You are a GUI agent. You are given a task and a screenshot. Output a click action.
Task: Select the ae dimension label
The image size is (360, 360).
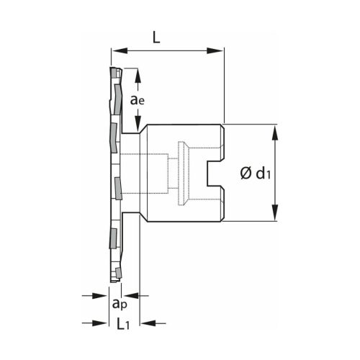point(139,101)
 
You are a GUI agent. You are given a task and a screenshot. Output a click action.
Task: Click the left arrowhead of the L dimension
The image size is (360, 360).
point(116,50)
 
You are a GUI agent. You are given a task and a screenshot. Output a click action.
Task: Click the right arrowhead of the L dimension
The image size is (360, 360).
point(219,50)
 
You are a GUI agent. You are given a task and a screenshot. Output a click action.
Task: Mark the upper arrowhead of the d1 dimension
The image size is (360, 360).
point(274,130)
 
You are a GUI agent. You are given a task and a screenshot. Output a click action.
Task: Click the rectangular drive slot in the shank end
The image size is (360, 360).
point(215,173)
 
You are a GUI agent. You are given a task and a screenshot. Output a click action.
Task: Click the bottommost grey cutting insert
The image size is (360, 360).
point(116,272)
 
